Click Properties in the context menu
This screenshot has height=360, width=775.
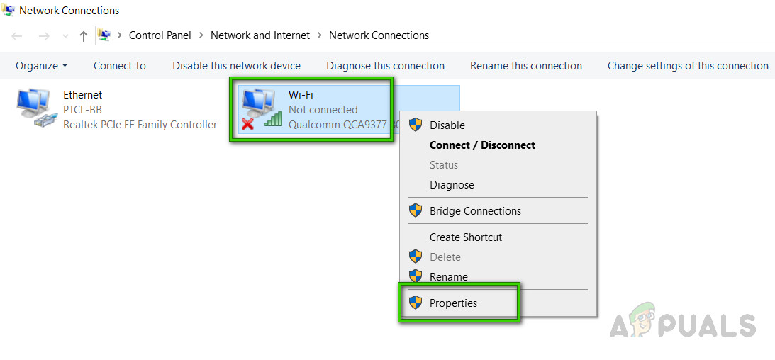pyautogui.click(x=453, y=303)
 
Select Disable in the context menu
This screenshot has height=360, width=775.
pyautogui.click(x=447, y=125)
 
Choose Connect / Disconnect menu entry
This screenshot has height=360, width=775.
pyautogui.click(x=482, y=145)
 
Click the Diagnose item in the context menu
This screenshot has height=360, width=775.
pyautogui.click(x=452, y=185)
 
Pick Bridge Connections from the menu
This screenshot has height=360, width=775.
pyautogui.click(x=476, y=211)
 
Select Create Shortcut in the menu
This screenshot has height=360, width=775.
pyautogui.click(x=466, y=237)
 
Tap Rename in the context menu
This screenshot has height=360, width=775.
pyautogui.click(x=449, y=277)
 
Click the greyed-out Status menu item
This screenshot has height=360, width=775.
pyautogui.click(x=444, y=165)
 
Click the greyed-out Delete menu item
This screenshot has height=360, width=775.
pyautogui.click(x=445, y=257)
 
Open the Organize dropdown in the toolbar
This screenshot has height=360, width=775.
pyautogui.click(x=42, y=66)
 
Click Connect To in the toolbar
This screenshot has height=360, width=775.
pyautogui.click(x=120, y=66)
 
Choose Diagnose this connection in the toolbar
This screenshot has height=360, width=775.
pyautogui.click(x=386, y=66)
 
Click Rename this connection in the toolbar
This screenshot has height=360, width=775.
pyautogui.click(x=526, y=66)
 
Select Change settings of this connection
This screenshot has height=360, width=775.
pyautogui.click(x=688, y=66)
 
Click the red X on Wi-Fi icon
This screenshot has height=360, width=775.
pyautogui.click(x=247, y=124)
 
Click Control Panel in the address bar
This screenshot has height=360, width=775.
pyautogui.click(x=160, y=35)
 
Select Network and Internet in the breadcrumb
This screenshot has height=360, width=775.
pyautogui.click(x=260, y=35)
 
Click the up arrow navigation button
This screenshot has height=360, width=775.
pyautogui.click(x=84, y=36)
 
